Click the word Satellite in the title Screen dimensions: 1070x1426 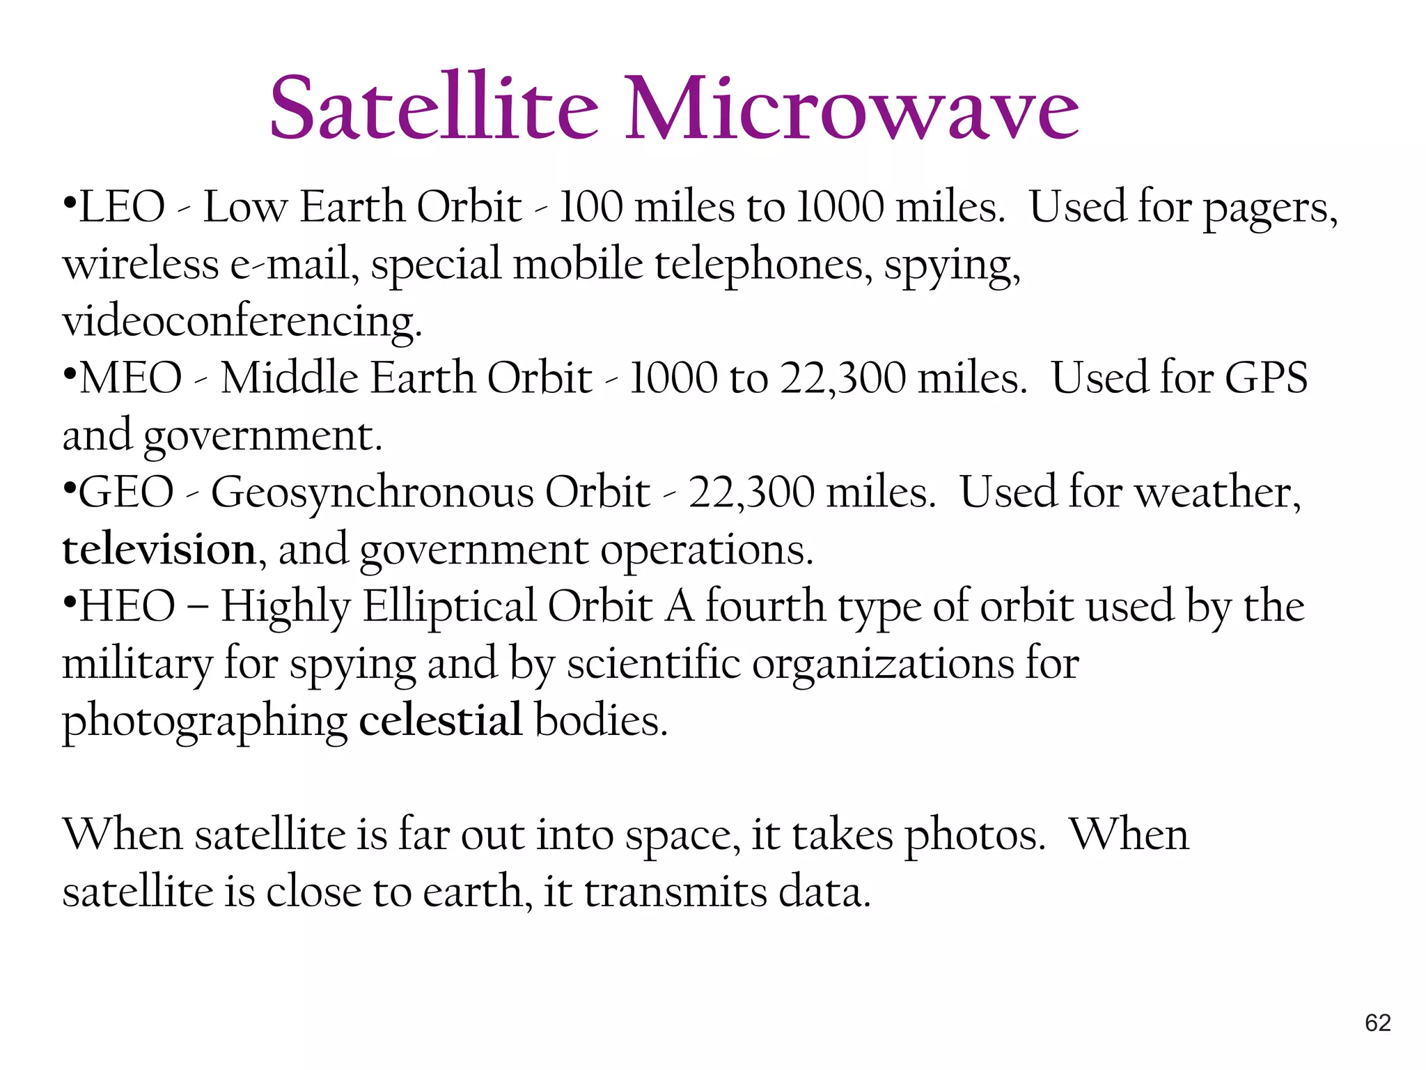tap(433, 108)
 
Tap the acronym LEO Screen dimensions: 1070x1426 tap(122, 208)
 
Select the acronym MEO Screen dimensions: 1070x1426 tap(131, 378)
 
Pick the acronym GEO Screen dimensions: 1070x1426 tap(125, 493)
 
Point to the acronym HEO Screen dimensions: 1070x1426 tap(127, 606)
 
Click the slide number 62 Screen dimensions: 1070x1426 tap(1377, 1023)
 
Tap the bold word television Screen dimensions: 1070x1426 tap(159, 550)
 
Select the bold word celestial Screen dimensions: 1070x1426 tap(440, 720)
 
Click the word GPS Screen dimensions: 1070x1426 tap(1266, 378)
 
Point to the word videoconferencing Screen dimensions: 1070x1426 tap(242, 322)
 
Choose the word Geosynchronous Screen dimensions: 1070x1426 tap(373, 493)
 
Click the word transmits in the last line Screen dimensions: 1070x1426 tap(675, 892)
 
